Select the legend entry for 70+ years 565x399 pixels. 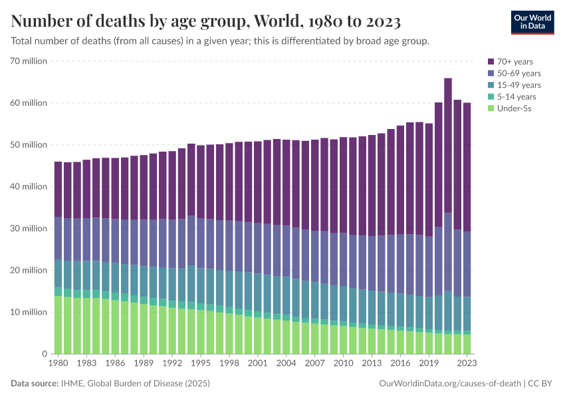pos(514,61)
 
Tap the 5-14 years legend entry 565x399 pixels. pos(514,96)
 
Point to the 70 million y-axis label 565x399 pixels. pos(28,61)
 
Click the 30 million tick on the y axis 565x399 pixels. pos(28,229)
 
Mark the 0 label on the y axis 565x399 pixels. pos(45,354)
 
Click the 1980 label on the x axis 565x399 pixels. pos(58,364)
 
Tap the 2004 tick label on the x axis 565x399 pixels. pos(286,364)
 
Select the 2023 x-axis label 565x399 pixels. pos(467,364)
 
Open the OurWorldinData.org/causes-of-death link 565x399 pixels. pos(449,384)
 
